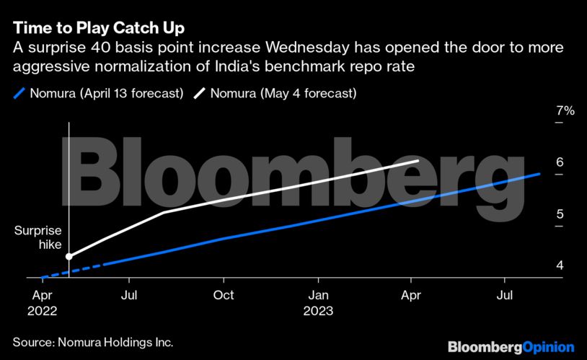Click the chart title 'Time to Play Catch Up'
[x=99, y=28]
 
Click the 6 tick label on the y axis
[x=560, y=162]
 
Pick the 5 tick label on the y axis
[x=560, y=214]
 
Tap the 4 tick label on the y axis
[x=560, y=265]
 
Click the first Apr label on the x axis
[x=42, y=295]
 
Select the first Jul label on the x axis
[x=129, y=295]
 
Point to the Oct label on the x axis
[x=224, y=295]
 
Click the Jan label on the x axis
[x=319, y=295]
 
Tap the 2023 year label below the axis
[x=319, y=311]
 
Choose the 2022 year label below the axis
[x=42, y=311]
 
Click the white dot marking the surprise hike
[x=69, y=256]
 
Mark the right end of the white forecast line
[x=418, y=161]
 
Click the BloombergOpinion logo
[x=511, y=347]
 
